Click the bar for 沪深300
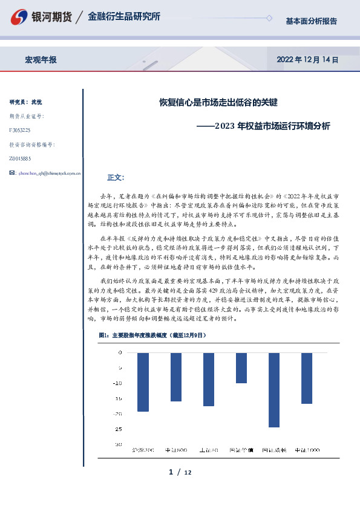143,382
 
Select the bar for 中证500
175,377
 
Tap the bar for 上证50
208,379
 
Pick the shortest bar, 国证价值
241,368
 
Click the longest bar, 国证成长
273,390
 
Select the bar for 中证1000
306,378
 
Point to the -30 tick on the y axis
118,444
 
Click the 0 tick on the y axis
120,352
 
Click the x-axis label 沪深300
143,450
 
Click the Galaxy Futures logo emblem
20,18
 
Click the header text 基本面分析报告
311,21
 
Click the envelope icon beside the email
13,173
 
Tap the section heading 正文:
115,178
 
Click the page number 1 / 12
180,472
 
